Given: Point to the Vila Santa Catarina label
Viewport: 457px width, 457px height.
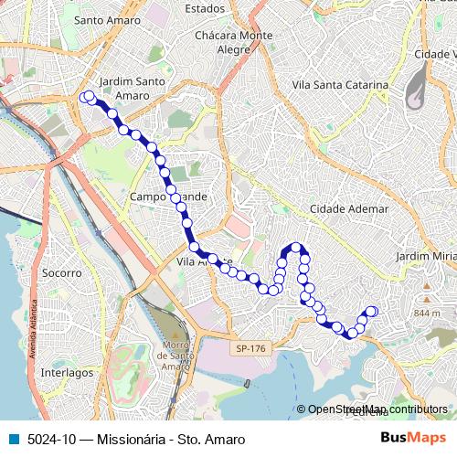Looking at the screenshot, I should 339,85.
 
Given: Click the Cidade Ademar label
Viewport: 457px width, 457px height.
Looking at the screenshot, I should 349,209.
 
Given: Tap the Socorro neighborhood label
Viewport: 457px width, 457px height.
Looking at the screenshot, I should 62,272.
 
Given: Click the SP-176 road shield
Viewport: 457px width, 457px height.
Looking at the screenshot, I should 249,348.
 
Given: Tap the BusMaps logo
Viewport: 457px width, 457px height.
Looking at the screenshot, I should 413,438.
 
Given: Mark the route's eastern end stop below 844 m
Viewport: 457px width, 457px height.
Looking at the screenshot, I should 372,312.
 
